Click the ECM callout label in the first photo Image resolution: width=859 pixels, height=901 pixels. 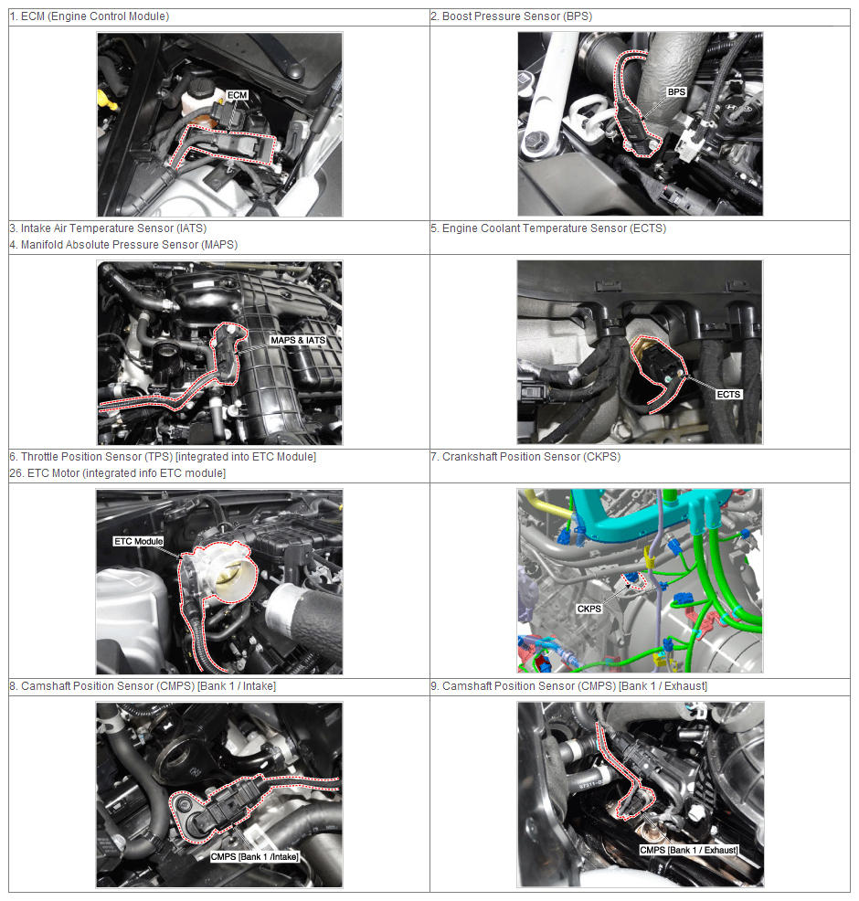(237, 95)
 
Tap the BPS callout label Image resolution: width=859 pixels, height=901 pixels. (676, 92)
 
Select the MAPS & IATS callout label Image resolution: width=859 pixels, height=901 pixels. (298, 340)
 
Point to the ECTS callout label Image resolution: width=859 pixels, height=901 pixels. (728, 394)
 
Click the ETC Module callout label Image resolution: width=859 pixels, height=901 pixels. (139, 541)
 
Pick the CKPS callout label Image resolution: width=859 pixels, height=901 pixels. (589, 609)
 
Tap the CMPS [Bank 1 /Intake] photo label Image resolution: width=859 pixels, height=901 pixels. (255, 857)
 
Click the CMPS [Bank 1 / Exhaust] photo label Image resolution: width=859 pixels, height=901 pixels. (689, 850)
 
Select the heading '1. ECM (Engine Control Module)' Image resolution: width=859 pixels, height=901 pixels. (90, 16)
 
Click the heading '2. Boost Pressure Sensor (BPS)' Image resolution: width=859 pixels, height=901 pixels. (512, 16)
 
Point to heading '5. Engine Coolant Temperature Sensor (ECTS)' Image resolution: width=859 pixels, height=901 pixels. (548, 228)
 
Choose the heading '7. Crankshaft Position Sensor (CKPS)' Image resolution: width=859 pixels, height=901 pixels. (525, 457)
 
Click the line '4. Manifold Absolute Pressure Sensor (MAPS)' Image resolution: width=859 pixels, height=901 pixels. (123, 245)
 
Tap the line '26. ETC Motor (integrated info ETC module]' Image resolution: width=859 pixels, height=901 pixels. (118, 473)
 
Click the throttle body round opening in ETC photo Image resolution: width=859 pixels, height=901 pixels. (232, 575)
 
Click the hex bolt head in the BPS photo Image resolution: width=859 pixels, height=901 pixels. (536, 140)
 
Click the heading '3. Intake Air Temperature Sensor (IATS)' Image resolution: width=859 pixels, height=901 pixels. (108, 228)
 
